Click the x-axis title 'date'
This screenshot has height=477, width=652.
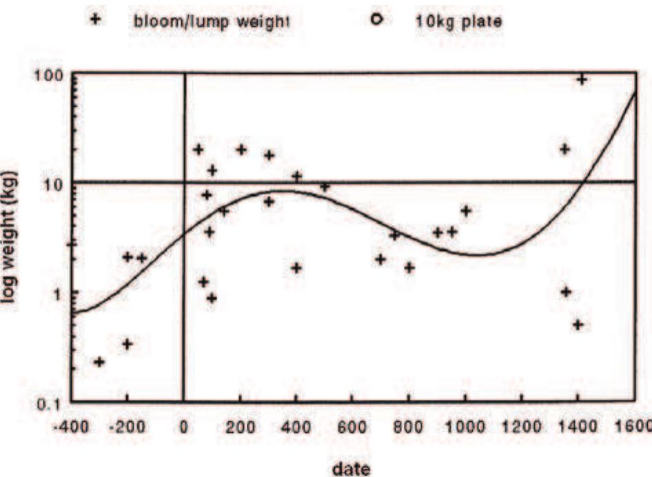point(352,469)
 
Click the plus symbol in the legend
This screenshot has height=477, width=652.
point(97,19)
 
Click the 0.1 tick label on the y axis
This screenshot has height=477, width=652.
point(54,404)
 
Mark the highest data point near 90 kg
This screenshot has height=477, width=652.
point(582,79)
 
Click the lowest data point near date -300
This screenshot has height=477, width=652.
point(99,362)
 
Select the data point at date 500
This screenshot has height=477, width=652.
point(325,186)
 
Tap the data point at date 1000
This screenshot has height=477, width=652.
point(466,211)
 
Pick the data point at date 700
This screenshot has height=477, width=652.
point(380,259)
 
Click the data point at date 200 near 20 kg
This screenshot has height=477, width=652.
point(241,150)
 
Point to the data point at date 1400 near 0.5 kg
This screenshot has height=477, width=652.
point(578,325)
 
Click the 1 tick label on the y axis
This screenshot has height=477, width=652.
point(58,293)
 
